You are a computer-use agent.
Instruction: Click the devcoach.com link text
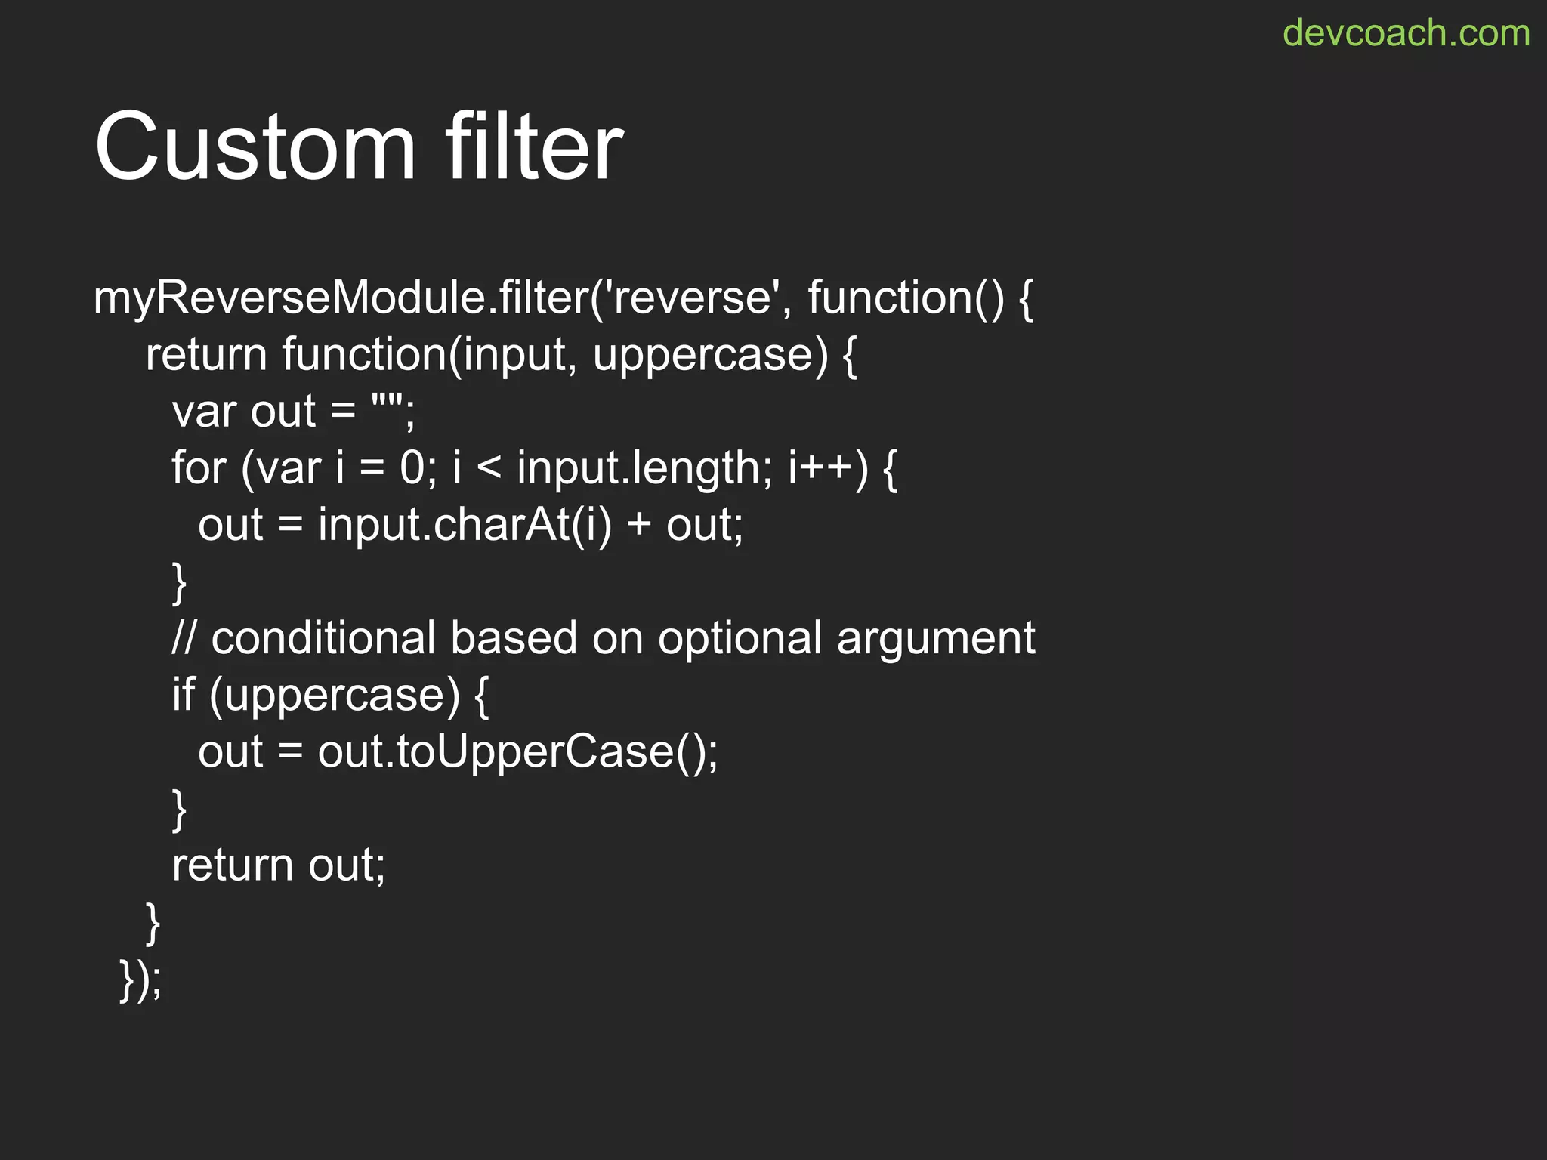tap(1406, 33)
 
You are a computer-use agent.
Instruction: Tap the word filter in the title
tap(534, 146)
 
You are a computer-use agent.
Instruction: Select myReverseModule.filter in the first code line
tap(340, 298)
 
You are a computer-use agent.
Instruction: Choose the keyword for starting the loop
tap(199, 467)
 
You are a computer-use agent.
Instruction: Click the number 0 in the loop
tap(412, 467)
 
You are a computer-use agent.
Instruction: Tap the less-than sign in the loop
tap(489, 468)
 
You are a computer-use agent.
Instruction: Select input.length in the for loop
tap(639, 468)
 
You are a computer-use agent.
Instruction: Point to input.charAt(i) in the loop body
tap(465, 524)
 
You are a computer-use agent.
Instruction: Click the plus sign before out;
tap(638, 525)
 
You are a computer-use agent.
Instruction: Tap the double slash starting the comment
tap(184, 638)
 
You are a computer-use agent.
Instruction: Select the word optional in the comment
tap(740, 639)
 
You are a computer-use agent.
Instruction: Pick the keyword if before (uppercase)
tap(183, 694)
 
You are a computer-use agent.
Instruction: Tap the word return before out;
tap(232, 865)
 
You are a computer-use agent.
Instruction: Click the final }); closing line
tap(140, 980)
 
